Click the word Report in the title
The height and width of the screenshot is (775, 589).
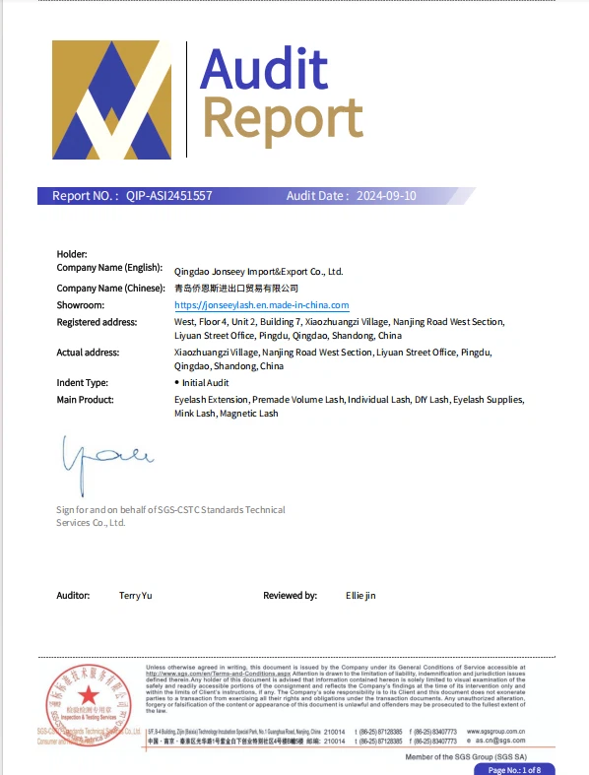[282, 118]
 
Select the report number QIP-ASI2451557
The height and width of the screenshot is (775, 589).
[168, 196]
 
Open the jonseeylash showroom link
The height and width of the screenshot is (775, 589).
[261, 305]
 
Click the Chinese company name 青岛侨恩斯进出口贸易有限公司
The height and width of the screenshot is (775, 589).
[235, 289]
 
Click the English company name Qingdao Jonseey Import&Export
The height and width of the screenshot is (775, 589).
[258, 271]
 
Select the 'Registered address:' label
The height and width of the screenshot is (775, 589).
[97, 322]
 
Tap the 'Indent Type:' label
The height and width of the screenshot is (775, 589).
[83, 382]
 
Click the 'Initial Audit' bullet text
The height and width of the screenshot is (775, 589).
[205, 382]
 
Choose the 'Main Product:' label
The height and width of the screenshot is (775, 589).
[86, 400]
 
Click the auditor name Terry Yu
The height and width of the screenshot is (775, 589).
[135, 596]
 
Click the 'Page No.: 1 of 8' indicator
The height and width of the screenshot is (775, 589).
[521, 769]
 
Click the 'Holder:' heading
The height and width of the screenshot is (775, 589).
[72, 254]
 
